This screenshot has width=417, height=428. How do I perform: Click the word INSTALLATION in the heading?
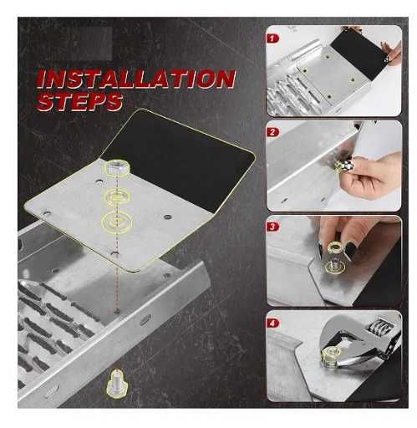(x=136, y=79)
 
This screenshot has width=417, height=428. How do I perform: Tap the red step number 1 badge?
(x=272, y=38)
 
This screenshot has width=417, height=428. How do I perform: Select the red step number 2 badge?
(x=272, y=132)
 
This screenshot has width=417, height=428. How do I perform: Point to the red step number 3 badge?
(x=272, y=227)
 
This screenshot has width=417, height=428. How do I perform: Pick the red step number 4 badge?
(x=272, y=323)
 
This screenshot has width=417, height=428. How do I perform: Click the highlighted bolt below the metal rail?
(x=118, y=382)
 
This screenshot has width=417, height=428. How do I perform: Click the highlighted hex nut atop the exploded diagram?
(x=117, y=168)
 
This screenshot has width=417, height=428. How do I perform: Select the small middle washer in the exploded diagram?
(x=117, y=197)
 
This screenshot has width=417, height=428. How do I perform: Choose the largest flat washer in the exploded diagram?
(x=117, y=222)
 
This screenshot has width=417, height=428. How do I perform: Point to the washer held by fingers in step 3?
(x=336, y=247)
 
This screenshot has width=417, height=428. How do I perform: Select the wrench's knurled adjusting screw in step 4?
(x=380, y=326)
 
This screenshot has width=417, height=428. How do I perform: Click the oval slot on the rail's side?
(x=145, y=320)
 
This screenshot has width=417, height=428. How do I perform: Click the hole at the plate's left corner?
(x=47, y=214)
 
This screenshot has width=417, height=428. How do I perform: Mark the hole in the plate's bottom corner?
(x=114, y=253)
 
